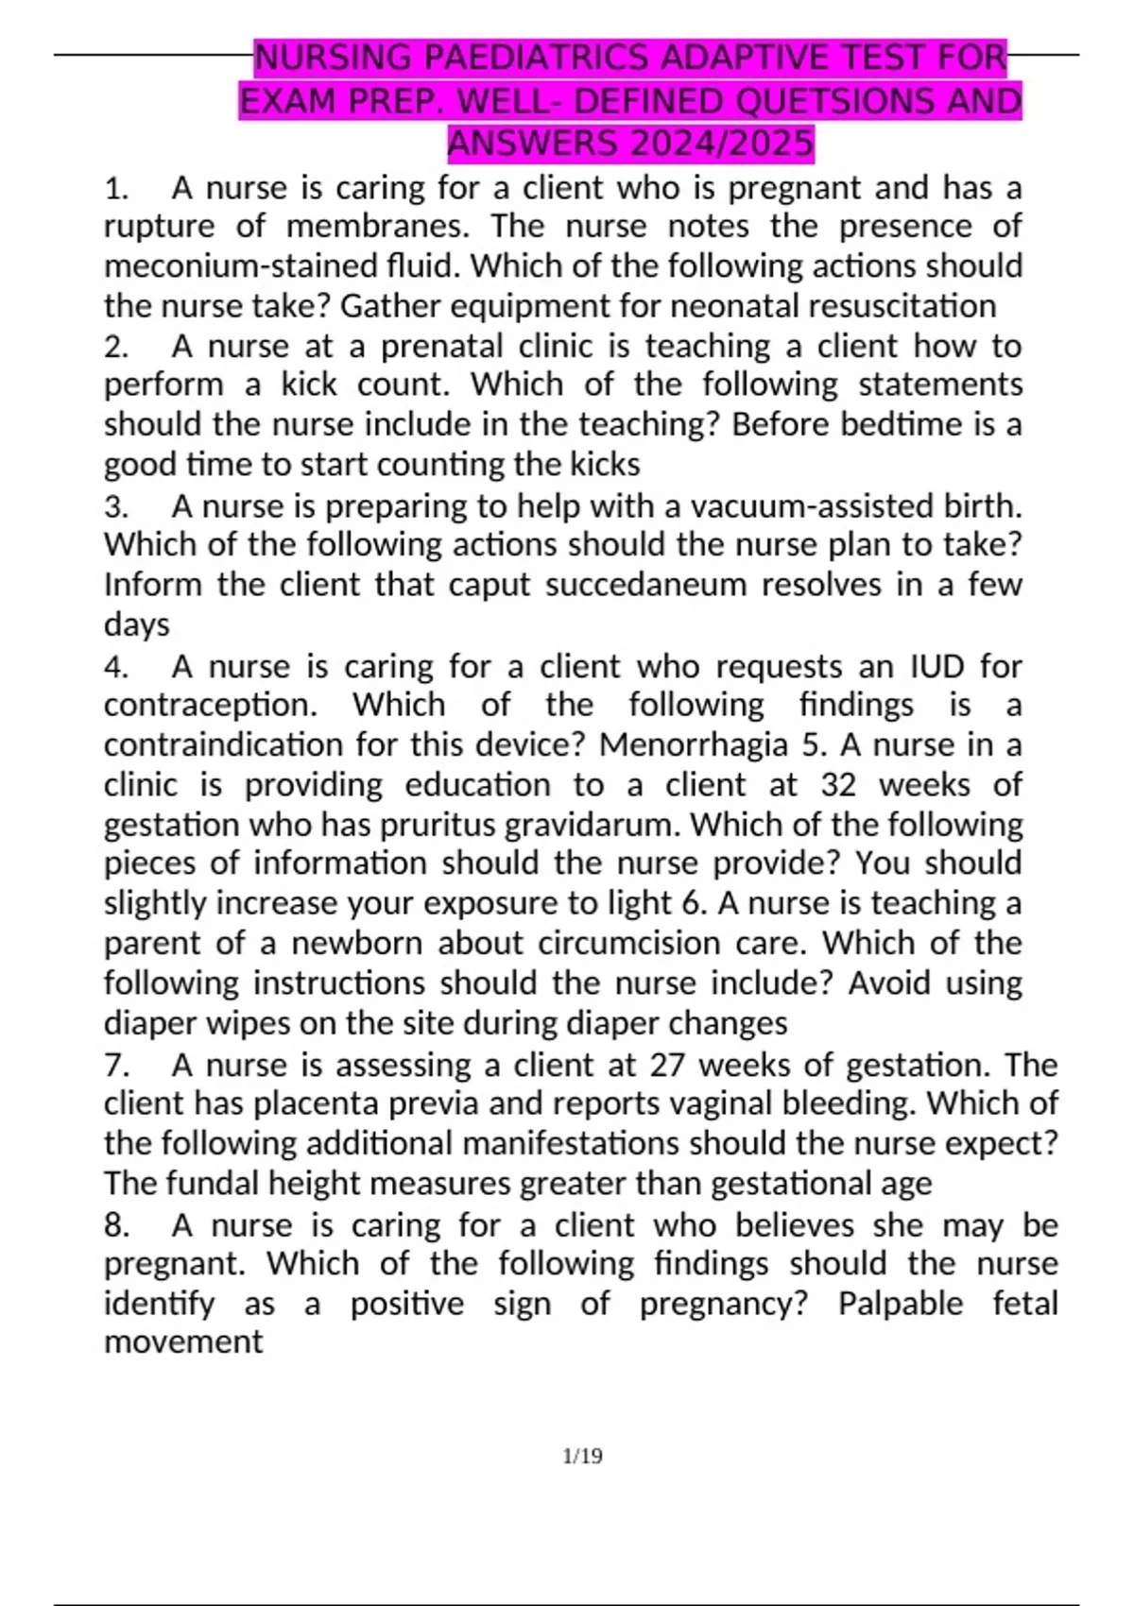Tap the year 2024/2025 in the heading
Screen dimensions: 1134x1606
[723, 144]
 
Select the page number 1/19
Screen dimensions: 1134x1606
[582, 1456]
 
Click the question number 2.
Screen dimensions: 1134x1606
[115, 347]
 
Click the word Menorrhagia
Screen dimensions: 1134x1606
[694, 745]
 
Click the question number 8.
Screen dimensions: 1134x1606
[115, 1226]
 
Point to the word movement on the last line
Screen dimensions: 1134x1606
[183, 1342]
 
